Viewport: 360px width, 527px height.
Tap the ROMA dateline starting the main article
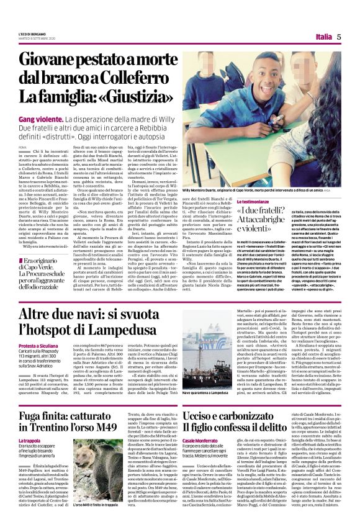pos(23,146)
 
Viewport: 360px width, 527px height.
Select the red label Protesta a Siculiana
pos(42,346)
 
